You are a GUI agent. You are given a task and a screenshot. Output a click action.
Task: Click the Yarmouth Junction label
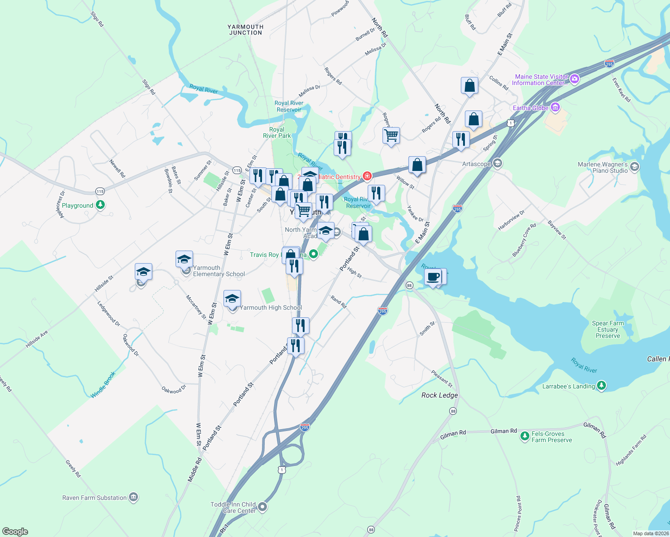tap(245, 30)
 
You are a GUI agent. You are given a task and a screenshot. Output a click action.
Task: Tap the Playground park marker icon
tap(101, 205)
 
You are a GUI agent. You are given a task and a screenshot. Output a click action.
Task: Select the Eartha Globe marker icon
tap(555, 107)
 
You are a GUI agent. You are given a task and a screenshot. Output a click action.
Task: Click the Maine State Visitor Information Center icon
tap(575, 80)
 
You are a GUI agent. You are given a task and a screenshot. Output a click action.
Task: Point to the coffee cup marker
tap(433, 277)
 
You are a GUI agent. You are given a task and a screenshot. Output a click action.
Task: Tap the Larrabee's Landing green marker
tap(601, 385)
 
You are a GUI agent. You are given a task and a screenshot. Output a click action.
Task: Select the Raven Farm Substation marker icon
tap(133, 497)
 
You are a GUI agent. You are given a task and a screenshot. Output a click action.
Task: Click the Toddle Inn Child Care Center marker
tap(262, 507)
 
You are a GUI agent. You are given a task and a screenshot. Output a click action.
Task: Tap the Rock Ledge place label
tap(439, 395)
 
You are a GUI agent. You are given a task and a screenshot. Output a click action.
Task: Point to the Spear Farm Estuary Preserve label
tap(608, 329)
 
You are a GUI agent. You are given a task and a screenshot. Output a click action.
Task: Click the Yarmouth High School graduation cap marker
tap(232, 299)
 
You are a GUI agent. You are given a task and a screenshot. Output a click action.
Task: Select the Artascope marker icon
tap(497, 163)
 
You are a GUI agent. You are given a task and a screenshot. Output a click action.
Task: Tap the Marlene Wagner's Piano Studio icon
tap(634, 167)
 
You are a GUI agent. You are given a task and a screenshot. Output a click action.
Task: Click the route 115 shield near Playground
tap(99, 191)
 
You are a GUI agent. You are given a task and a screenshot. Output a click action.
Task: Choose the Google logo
tap(15, 531)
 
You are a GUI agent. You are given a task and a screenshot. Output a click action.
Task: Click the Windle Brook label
tap(103, 384)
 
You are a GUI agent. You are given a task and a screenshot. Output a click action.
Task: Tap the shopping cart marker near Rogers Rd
tap(391, 135)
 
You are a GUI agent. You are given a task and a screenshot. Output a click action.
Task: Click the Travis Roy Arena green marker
tap(314, 254)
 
